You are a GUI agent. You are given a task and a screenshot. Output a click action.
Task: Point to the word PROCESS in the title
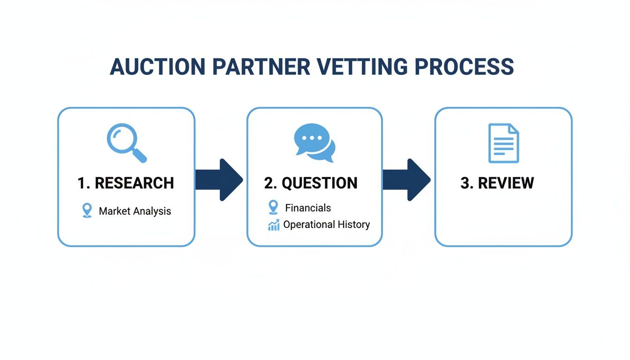point(464,67)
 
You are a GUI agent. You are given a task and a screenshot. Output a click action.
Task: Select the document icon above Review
point(503,143)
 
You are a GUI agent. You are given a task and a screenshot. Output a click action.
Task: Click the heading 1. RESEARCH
point(126,183)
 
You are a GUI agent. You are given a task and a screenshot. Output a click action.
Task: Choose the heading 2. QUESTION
point(311,183)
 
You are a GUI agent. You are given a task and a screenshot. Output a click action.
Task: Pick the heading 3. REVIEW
point(497,183)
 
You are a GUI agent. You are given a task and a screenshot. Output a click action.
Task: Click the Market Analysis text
point(135,211)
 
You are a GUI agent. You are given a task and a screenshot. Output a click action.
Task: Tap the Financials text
point(308,208)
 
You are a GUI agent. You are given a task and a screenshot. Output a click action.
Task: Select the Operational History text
point(326,225)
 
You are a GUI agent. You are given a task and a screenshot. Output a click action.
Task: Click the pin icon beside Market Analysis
point(87,210)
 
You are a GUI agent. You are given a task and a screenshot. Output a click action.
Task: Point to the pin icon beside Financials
point(273,207)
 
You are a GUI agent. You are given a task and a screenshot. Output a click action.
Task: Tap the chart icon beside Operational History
point(274,225)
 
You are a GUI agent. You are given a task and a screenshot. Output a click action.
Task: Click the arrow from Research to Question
point(219,180)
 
